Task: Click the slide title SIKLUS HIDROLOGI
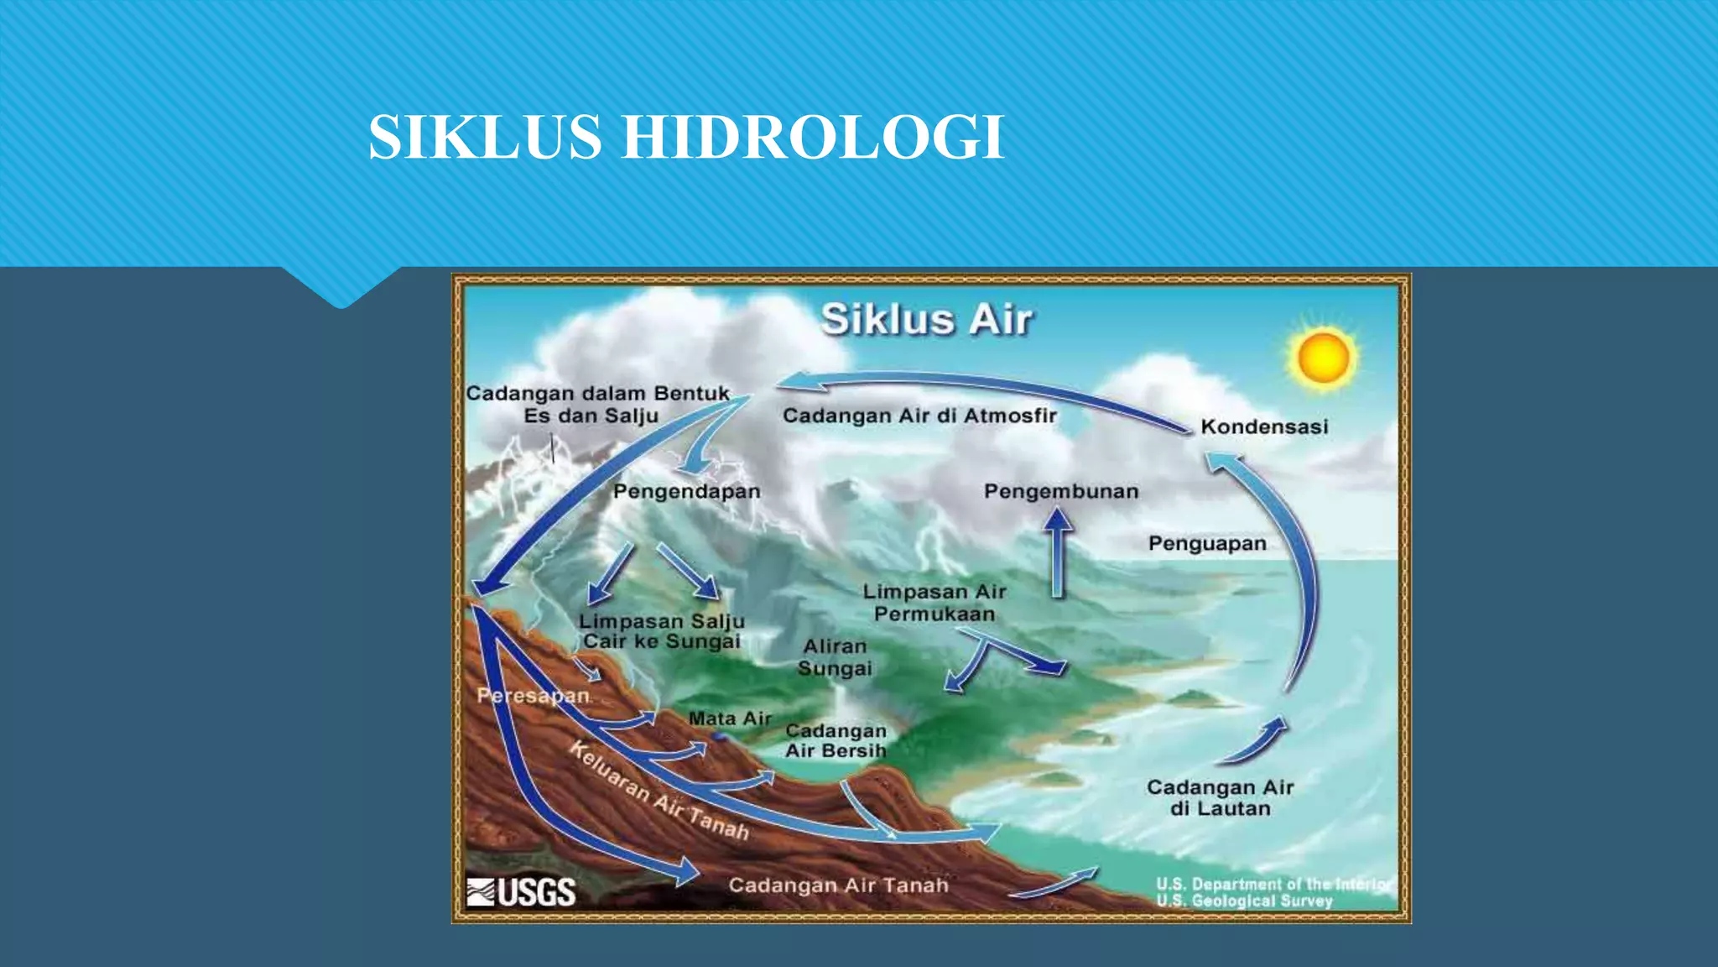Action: pos(685,137)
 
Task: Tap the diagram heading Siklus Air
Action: pos(926,320)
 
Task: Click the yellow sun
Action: pos(1323,357)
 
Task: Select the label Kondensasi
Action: pos(1264,426)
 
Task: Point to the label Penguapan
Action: pos(1207,543)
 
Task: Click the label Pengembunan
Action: pos(1061,491)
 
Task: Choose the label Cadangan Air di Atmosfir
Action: pos(919,416)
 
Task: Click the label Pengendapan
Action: pos(686,491)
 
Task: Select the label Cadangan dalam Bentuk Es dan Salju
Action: pos(596,404)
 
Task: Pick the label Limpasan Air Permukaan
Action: pos(934,603)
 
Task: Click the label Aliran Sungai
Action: pos(835,657)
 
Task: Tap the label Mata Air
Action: pos(729,719)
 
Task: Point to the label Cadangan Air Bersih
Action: pos(836,740)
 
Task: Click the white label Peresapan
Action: pos(533,695)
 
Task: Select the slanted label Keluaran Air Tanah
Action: pos(659,791)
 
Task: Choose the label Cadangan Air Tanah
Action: pos(838,885)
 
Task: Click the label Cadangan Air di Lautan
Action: pos(1220,797)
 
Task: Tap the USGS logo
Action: pos(521,891)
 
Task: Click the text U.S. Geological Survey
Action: pos(1244,901)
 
